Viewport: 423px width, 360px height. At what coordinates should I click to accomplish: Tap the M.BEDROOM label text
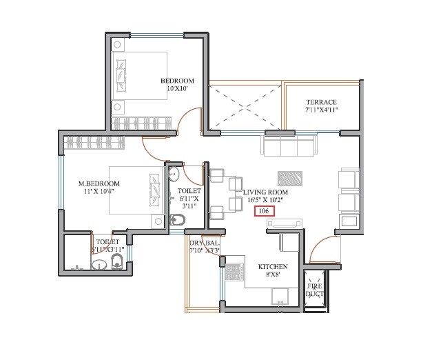pos(99,183)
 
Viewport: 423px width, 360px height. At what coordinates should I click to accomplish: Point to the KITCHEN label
pos(272,266)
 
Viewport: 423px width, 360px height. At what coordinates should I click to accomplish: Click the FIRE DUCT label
pos(314,288)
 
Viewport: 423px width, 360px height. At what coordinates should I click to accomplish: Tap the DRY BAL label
pos(204,242)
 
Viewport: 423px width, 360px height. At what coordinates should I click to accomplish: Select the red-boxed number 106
pos(263,211)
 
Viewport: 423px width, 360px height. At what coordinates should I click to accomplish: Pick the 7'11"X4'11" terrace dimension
pos(321,110)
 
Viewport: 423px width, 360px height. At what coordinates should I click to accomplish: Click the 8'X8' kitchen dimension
pos(272,275)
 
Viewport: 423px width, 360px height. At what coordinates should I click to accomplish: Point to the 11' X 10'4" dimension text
pos(99,192)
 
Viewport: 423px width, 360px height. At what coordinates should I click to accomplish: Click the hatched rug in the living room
pos(290,177)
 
